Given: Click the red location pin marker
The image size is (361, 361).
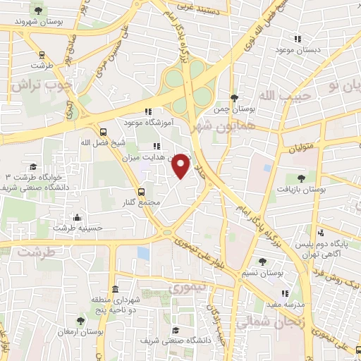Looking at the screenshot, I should (181, 165).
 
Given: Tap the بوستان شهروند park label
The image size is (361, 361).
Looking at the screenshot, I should (35, 21).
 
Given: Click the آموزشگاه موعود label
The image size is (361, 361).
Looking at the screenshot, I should (147, 123).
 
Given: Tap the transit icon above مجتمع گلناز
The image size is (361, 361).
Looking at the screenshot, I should (142, 191).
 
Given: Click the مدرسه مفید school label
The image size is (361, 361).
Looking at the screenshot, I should (267, 304).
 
